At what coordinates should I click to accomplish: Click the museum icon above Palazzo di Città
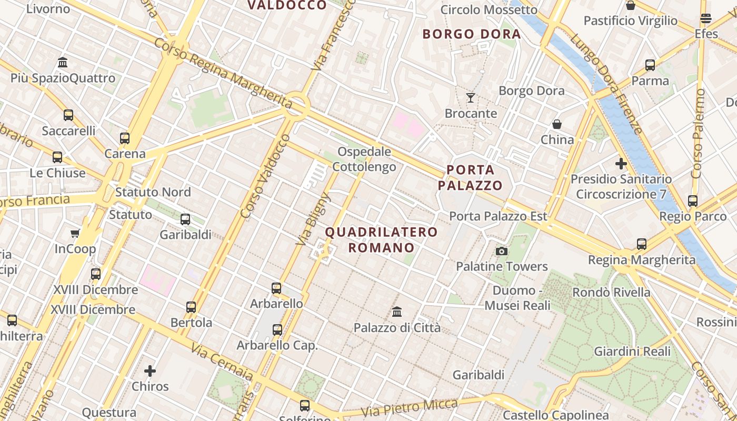(x=397, y=312)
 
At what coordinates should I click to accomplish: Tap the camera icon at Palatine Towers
(x=502, y=251)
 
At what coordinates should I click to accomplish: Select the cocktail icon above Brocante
(x=471, y=98)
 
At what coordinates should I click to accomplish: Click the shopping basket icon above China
(x=556, y=124)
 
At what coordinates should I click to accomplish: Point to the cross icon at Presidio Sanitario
(x=621, y=164)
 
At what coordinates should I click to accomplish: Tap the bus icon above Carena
(x=125, y=138)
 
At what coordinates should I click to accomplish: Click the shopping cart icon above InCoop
(x=75, y=233)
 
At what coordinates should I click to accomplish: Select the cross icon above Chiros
(x=150, y=371)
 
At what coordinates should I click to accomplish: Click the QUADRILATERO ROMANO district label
(x=381, y=239)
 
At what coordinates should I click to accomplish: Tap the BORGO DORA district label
(x=472, y=35)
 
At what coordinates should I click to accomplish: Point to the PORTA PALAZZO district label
(x=470, y=177)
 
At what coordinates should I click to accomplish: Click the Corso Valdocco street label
(x=265, y=176)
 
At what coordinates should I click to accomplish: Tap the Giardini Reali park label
(x=632, y=351)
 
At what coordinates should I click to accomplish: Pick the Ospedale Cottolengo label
(x=364, y=159)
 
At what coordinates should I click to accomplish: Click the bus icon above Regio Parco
(x=693, y=201)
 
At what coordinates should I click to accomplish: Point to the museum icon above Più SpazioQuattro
(x=63, y=63)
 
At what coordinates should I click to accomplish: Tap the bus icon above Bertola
(x=191, y=307)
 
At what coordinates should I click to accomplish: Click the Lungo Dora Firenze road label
(x=606, y=84)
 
